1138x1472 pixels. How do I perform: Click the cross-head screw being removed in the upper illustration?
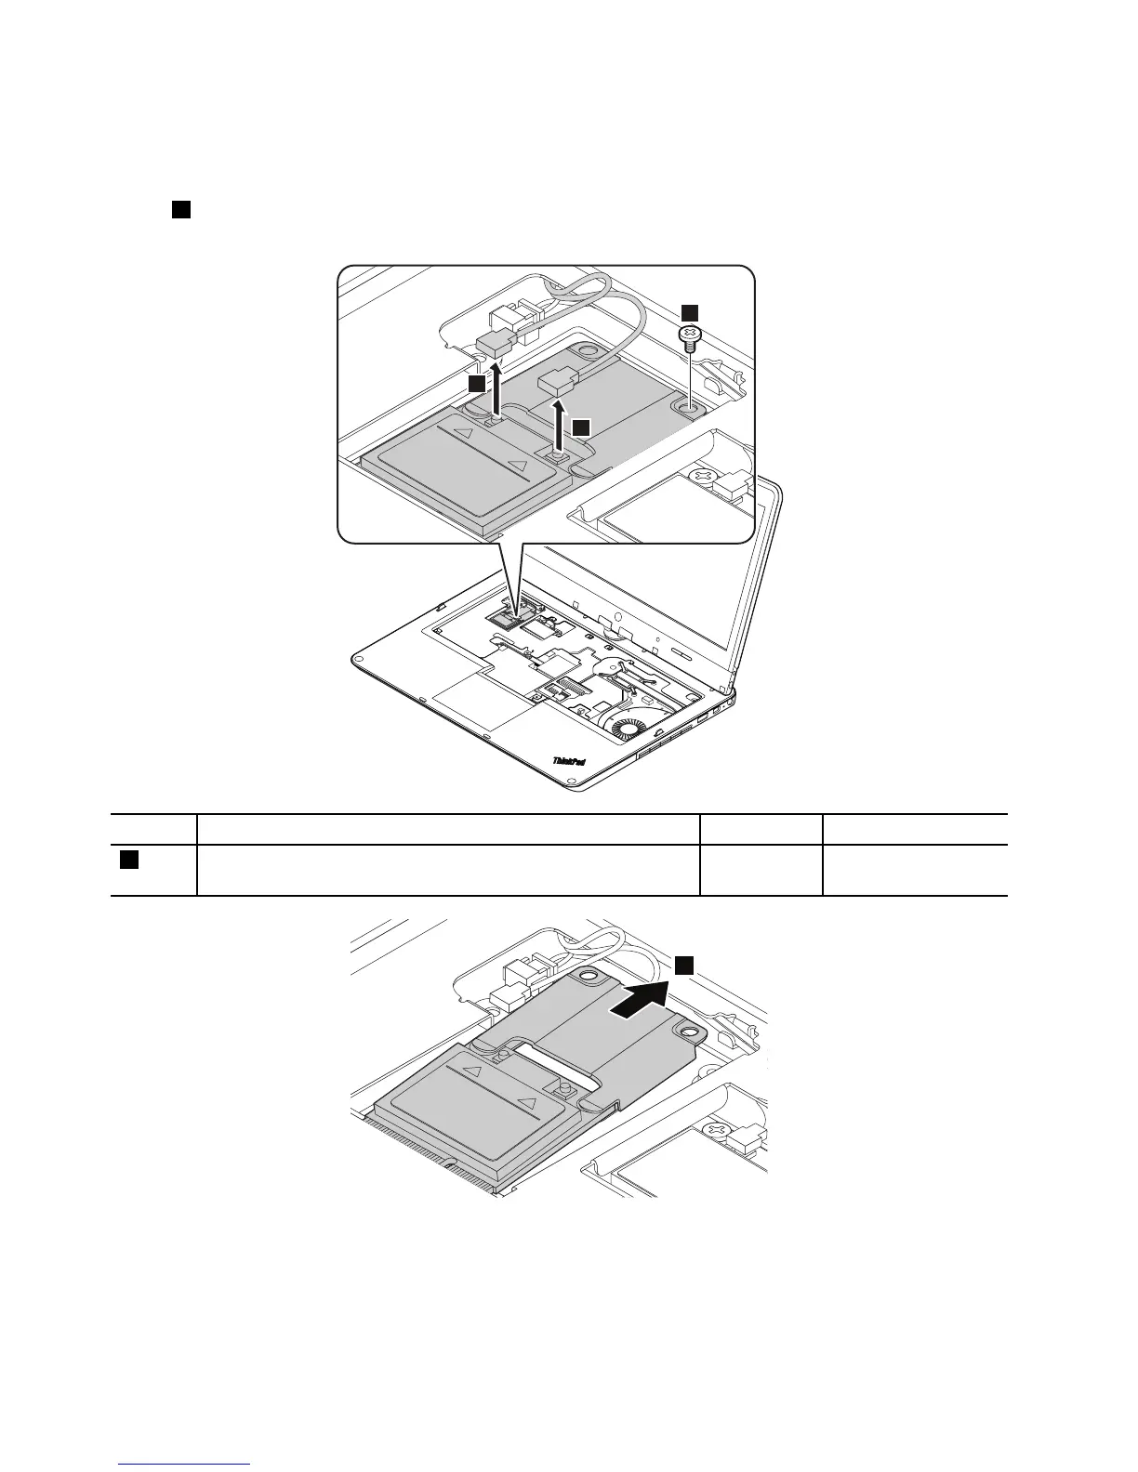coord(691,335)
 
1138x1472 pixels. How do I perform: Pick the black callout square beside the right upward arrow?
coord(580,427)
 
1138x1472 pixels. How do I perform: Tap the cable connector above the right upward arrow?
coord(561,380)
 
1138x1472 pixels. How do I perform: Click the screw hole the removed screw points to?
coord(691,406)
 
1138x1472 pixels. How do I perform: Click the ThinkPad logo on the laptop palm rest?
coord(569,760)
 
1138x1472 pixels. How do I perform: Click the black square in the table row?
coord(129,861)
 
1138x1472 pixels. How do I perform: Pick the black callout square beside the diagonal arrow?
coord(684,966)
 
